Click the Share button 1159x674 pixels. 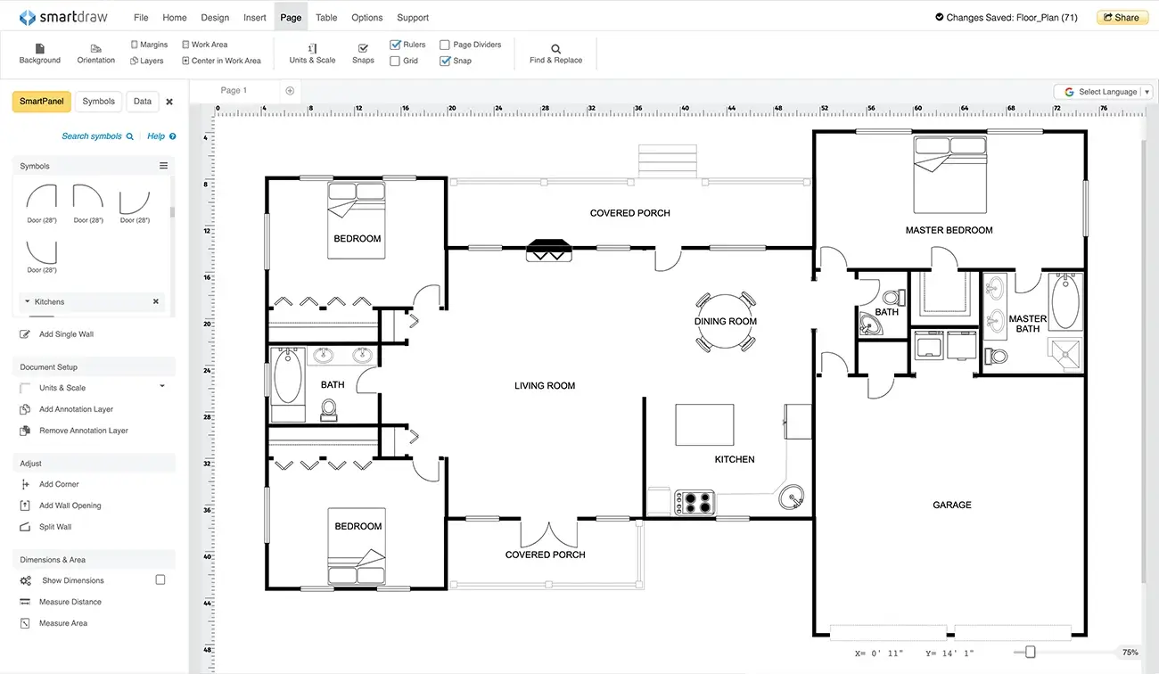[1122, 17]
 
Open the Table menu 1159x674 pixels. [326, 17]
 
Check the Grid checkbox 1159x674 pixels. [395, 61]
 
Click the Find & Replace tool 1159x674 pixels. [555, 53]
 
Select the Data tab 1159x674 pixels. [143, 102]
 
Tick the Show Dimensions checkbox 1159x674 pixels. [160, 579]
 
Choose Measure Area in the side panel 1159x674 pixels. [62, 623]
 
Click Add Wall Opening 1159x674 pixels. [70, 505]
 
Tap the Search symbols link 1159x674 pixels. [92, 136]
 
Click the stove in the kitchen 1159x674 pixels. [695, 502]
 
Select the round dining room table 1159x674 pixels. [725, 321]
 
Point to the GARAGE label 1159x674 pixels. [951, 505]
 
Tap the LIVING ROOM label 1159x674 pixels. [545, 386]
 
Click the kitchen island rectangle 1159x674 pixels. [704, 424]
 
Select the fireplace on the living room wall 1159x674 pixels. [547, 251]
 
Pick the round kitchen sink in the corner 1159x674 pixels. [791, 496]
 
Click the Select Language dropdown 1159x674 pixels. [1106, 92]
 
